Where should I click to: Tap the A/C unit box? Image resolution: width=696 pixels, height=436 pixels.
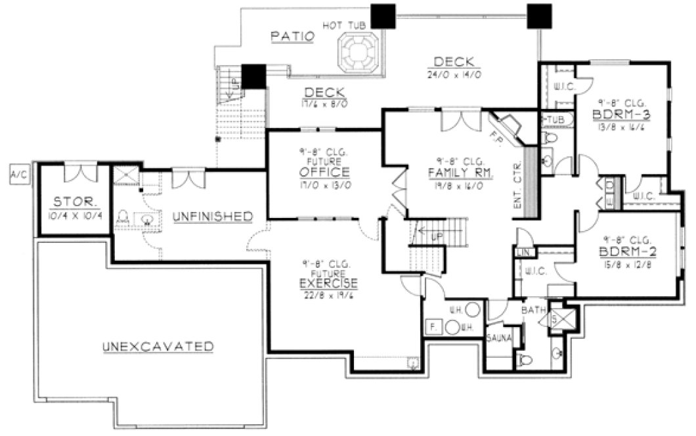(17, 174)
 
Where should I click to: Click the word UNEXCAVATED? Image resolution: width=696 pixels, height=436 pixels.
(158, 346)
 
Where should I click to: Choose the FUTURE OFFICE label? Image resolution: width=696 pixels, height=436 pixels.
(324, 173)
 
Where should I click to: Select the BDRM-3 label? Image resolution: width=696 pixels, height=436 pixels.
(620, 113)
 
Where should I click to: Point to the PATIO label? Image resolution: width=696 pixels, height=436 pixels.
(292, 37)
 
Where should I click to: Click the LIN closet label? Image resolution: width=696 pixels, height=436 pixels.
(523, 252)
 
